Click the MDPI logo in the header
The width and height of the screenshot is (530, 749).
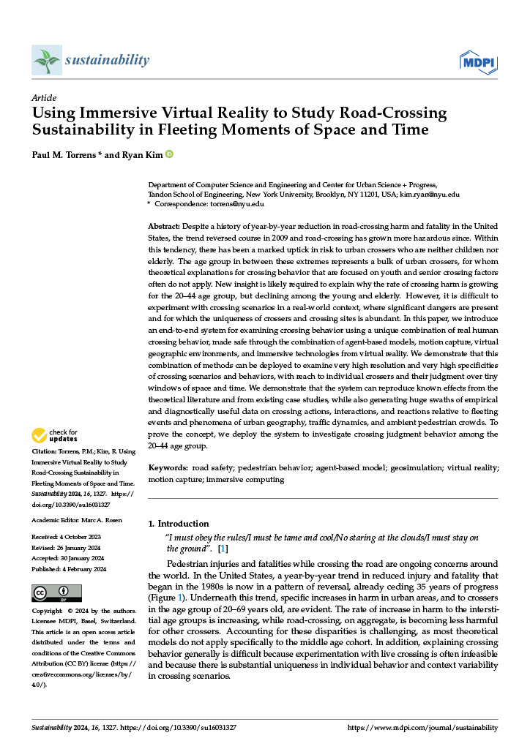coord(477,61)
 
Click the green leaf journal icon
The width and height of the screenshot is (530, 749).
coord(47,60)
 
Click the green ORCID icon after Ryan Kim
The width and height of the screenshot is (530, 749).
coord(169,154)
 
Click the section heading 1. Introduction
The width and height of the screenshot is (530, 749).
coord(179,524)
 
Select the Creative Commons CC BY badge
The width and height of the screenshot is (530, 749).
coord(56,592)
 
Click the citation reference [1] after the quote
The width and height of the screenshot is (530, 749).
coord(223,549)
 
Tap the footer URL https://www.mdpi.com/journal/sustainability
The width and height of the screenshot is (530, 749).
coord(422,729)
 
